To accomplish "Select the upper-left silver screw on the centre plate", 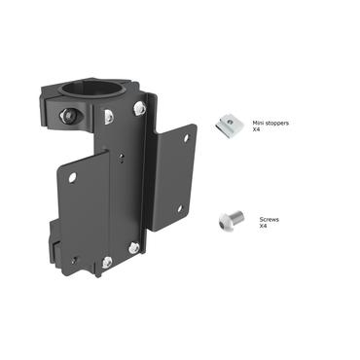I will click(108, 117).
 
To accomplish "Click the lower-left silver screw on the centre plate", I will click(106, 261).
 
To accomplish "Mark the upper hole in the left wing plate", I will click(72, 177).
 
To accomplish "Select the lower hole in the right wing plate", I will click(179, 208).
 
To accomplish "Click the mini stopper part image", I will click(231, 123).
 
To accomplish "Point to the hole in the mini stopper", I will click(231, 122).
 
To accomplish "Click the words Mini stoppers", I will click(270, 124).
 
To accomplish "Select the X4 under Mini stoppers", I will click(257, 130).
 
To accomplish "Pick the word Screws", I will click(270, 221).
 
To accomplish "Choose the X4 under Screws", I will click(264, 228).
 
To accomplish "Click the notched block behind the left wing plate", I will click(52, 239).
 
